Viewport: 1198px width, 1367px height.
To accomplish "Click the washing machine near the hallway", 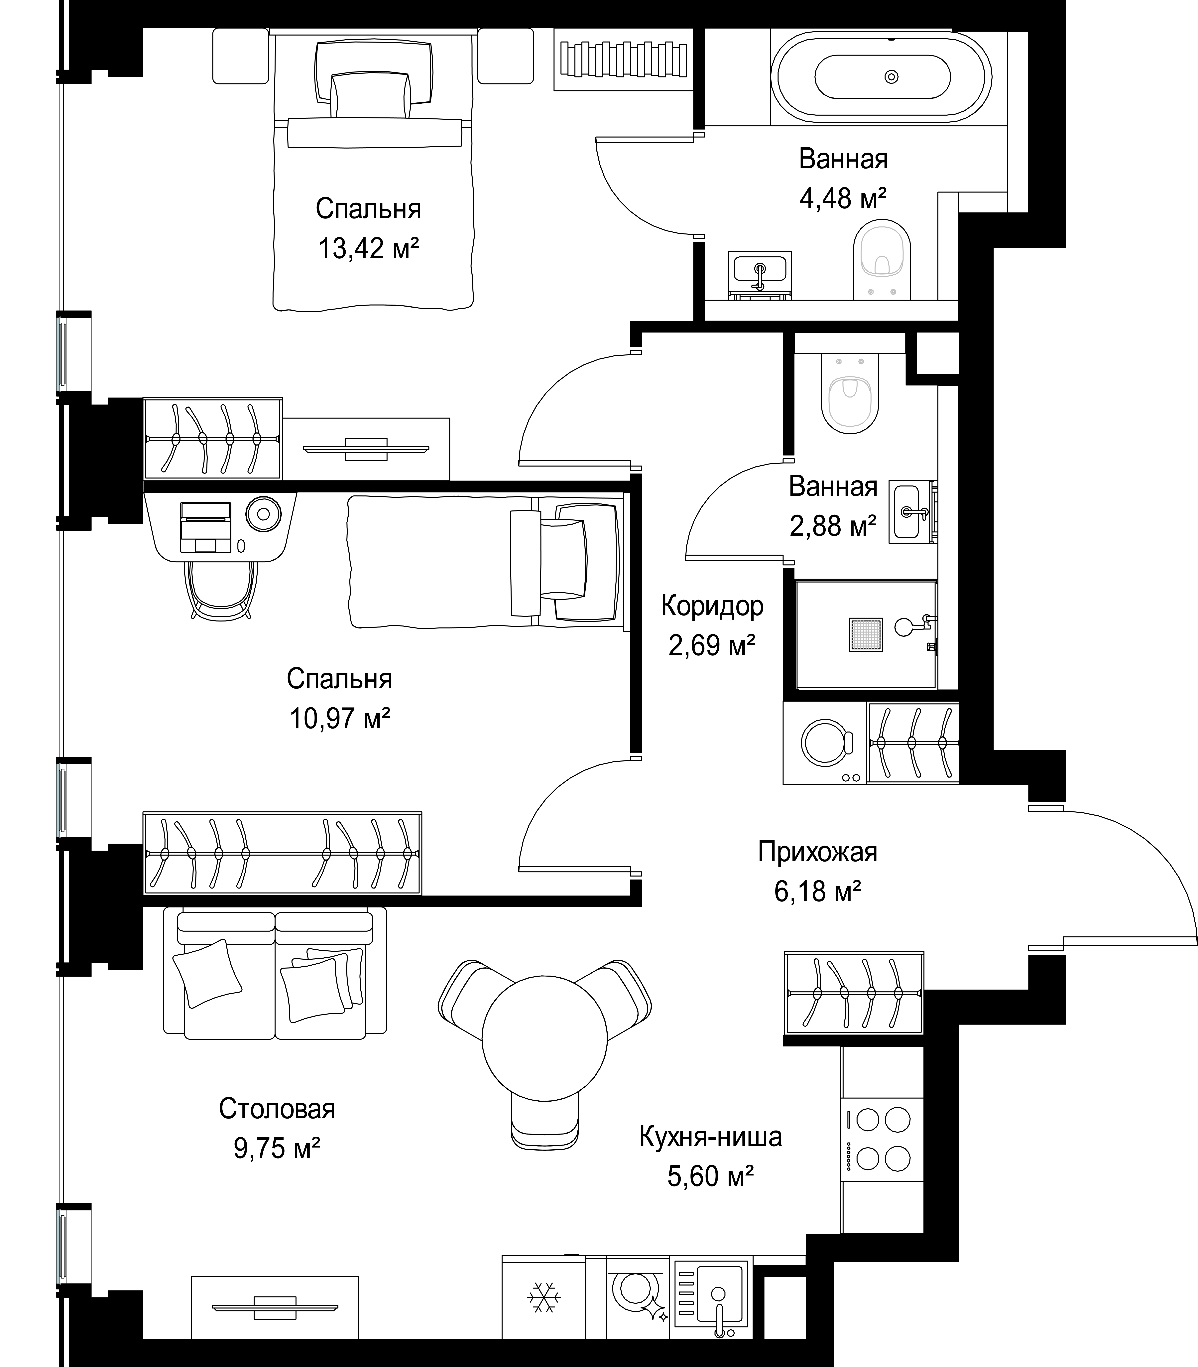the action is (826, 742).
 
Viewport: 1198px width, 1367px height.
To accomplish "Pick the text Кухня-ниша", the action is (711, 1136).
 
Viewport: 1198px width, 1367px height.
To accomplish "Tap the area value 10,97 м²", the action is (340, 719).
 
